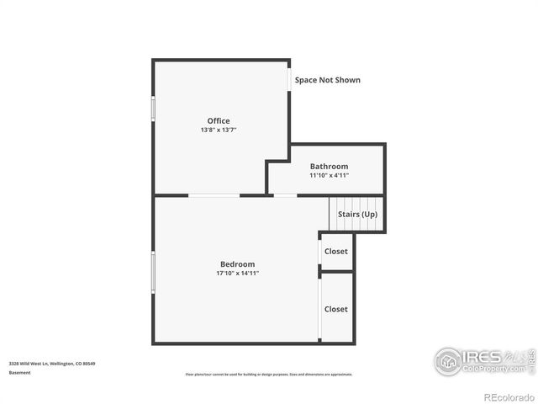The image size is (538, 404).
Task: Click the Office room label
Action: pyautogui.click(x=219, y=121)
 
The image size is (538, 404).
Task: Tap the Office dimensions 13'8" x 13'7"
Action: pyautogui.click(x=219, y=130)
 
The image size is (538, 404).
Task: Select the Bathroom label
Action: pyautogui.click(x=329, y=167)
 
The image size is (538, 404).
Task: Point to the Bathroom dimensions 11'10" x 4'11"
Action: pyautogui.click(x=329, y=176)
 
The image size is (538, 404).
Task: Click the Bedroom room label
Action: pyautogui.click(x=237, y=264)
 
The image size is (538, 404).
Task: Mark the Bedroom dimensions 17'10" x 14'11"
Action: pyautogui.click(x=237, y=274)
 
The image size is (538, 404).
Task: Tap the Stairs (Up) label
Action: pyautogui.click(x=357, y=215)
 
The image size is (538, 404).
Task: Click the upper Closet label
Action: pyautogui.click(x=336, y=252)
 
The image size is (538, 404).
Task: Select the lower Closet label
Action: pyautogui.click(x=336, y=309)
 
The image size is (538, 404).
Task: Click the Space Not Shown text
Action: pyautogui.click(x=327, y=80)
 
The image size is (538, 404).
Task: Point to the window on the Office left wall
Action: pyautogui.click(x=153, y=109)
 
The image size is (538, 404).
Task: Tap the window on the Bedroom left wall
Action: pyautogui.click(x=153, y=272)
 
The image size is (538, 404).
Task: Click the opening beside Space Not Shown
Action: pyautogui.click(x=290, y=78)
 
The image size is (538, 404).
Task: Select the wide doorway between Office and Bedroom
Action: pyautogui.click(x=214, y=195)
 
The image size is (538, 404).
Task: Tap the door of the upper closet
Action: pyautogui.click(x=319, y=252)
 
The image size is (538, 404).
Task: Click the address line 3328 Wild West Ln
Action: pyautogui.click(x=52, y=364)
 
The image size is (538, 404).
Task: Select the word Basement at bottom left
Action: pyautogui.click(x=20, y=372)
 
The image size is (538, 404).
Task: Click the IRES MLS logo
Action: pyautogui.click(x=483, y=360)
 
